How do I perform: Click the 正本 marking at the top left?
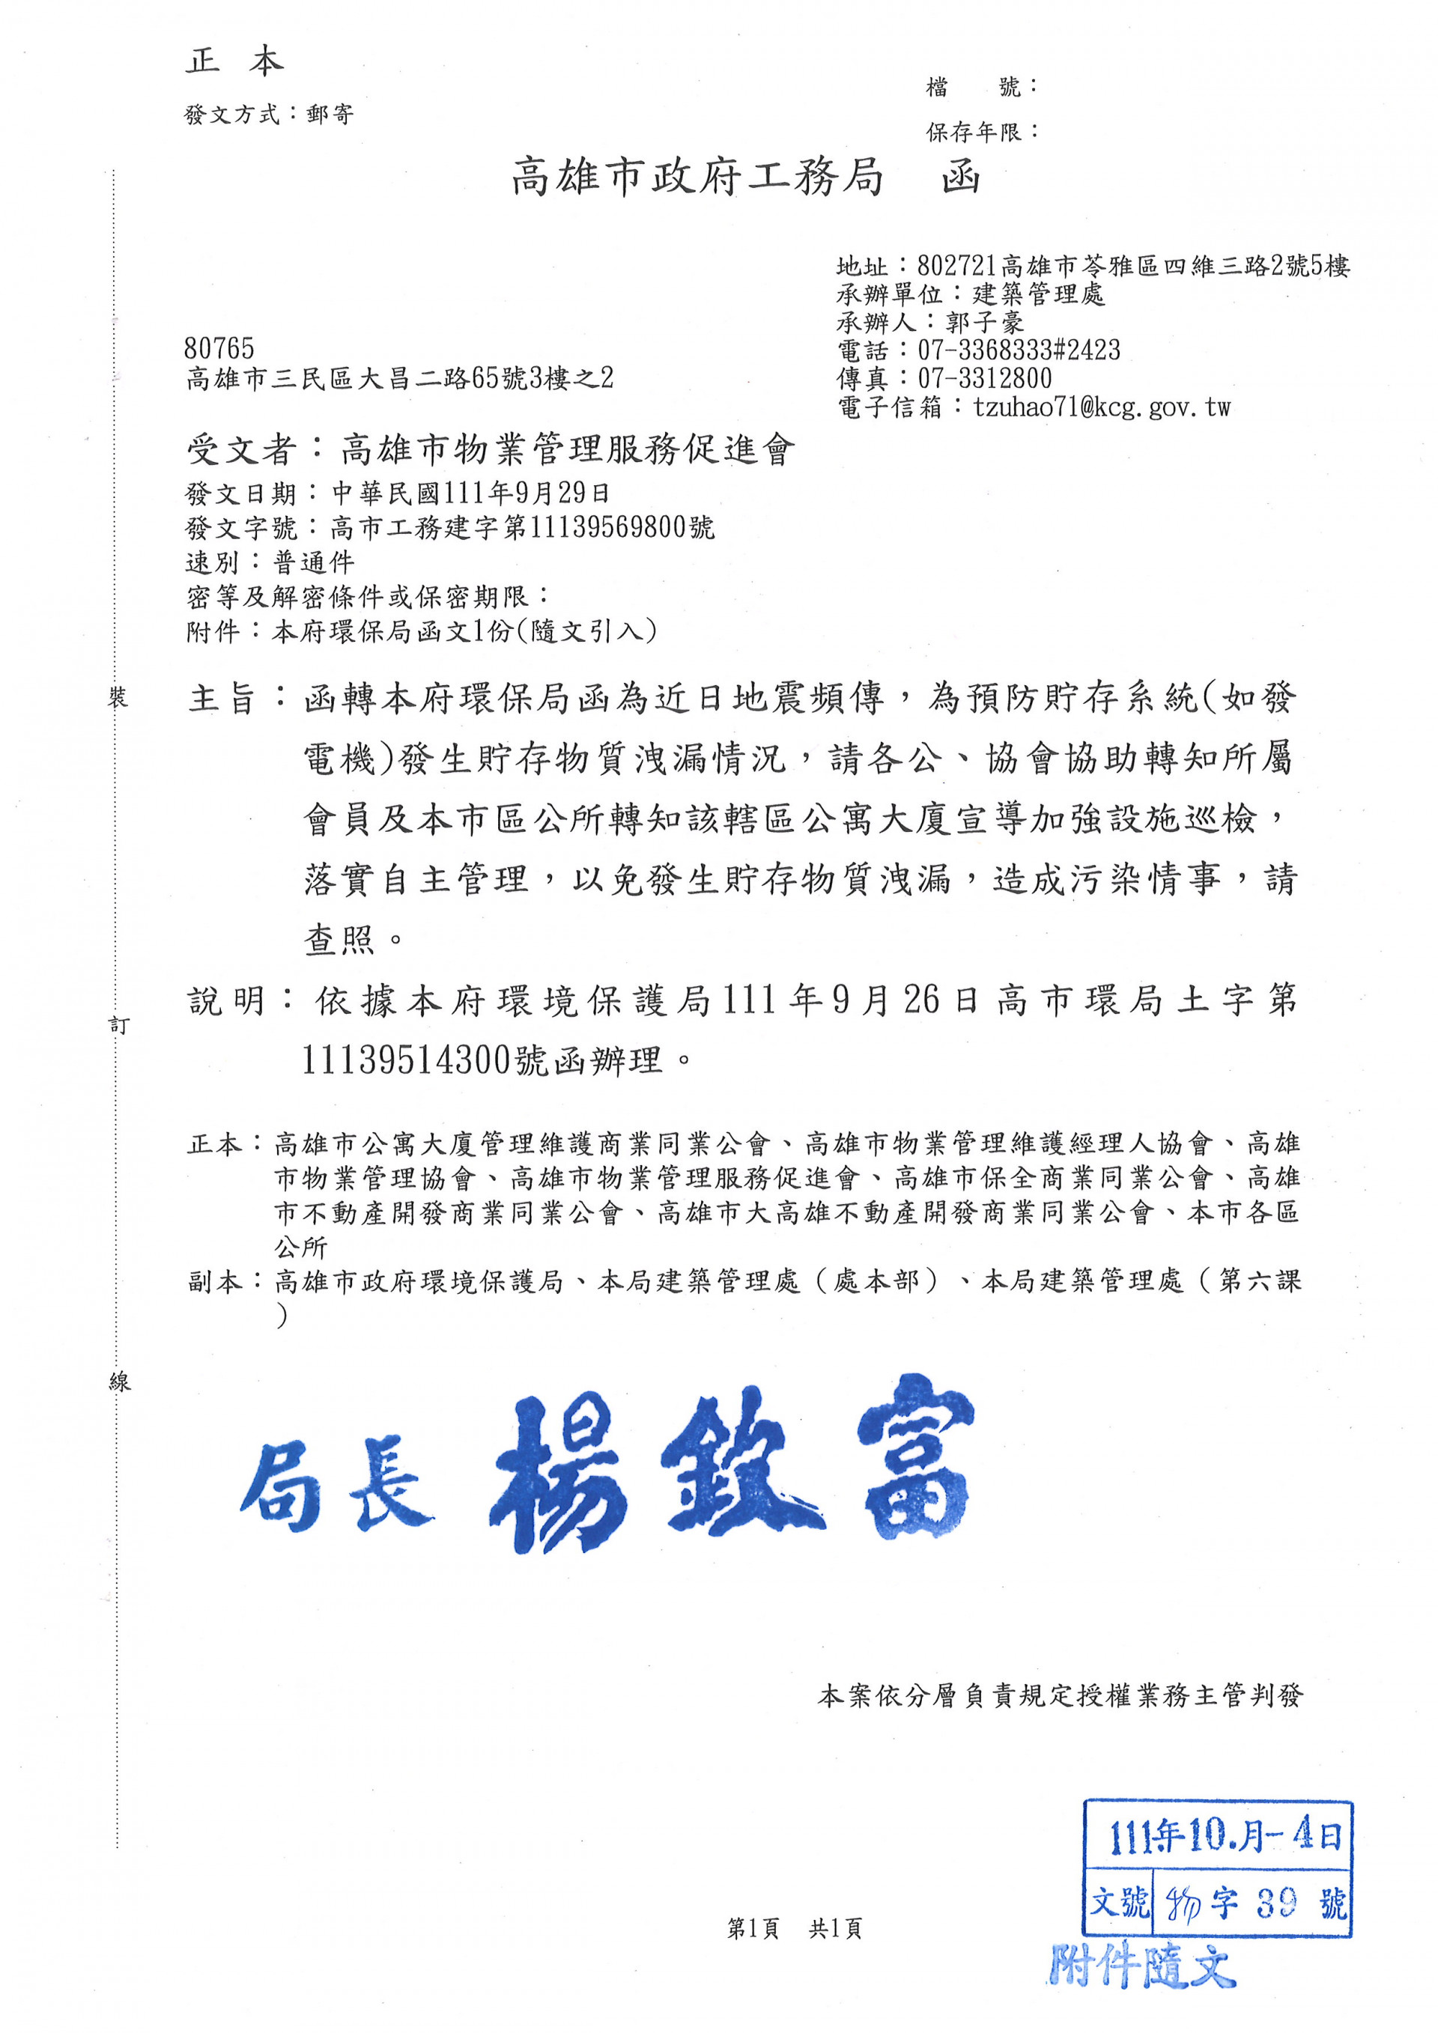pyautogui.click(x=234, y=61)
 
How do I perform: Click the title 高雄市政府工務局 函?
pyautogui.click(x=744, y=177)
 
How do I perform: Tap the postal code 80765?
pyautogui.click(x=219, y=348)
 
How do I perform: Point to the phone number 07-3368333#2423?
pyautogui.click(x=1019, y=350)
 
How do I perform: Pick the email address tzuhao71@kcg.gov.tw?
pyautogui.click(x=1102, y=407)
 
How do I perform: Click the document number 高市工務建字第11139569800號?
pyautogui.click(x=523, y=528)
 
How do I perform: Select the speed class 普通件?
pyautogui.click(x=315, y=562)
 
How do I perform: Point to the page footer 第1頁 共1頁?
pyautogui.click(x=793, y=1928)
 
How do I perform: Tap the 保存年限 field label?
pyautogui.click(x=973, y=132)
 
